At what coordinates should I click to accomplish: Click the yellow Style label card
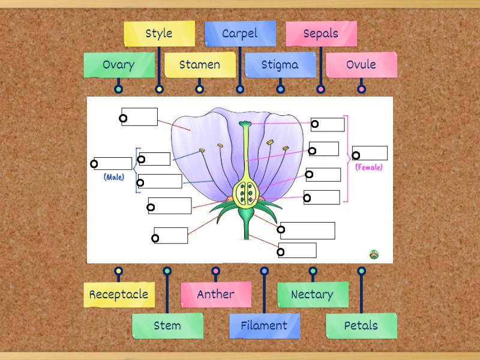pos(159,34)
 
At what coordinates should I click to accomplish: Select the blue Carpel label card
pos(240,34)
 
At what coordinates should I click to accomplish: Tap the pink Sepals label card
pos(321,34)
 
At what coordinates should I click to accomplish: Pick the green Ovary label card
pos(119,65)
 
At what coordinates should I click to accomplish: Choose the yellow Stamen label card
pos(200,65)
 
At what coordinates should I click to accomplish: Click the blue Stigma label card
pos(280,65)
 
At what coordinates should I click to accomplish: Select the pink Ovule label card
pos(361,65)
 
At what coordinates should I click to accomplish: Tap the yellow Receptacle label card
pos(119,295)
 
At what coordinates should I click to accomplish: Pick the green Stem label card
pos(167,326)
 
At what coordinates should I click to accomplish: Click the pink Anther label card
pos(216,295)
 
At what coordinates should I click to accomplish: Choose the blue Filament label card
pos(265,326)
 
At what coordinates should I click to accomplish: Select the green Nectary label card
pos(313,295)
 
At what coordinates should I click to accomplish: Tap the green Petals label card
pos(361,326)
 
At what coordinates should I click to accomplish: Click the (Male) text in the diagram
pos(113,177)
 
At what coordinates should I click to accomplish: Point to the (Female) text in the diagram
pos(368,167)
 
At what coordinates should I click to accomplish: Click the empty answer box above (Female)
pos(370,153)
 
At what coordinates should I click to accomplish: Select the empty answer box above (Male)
pos(113,163)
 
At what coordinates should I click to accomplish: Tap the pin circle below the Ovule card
pos(361,89)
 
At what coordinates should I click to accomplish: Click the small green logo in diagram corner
pos(374,254)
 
